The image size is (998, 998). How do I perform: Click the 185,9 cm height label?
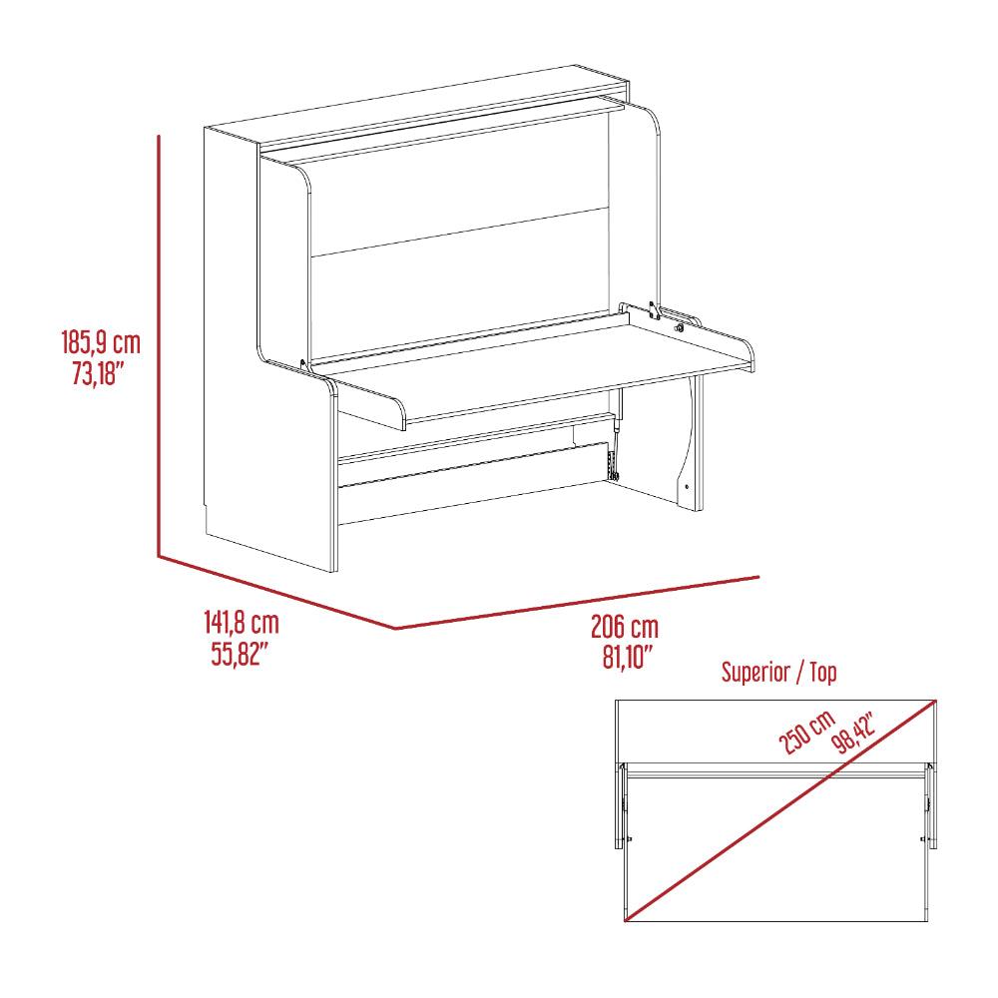tap(101, 342)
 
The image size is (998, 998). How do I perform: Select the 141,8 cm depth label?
tap(242, 622)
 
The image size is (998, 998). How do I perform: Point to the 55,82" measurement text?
tap(237, 653)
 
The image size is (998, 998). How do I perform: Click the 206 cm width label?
tap(625, 627)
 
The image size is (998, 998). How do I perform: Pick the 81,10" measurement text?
tap(628, 657)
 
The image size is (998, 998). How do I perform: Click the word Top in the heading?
tap(823, 672)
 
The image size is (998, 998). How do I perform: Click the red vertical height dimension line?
tap(159, 345)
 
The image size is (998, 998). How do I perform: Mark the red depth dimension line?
tap(276, 592)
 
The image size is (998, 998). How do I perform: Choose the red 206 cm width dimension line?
tap(577, 603)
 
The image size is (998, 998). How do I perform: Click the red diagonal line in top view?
tap(780, 809)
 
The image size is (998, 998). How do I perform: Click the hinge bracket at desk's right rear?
tap(653, 310)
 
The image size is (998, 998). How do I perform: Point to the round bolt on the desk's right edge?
tap(680, 328)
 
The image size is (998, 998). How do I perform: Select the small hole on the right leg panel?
tap(688, 487)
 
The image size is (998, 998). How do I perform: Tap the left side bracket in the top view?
tap(621, 805)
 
